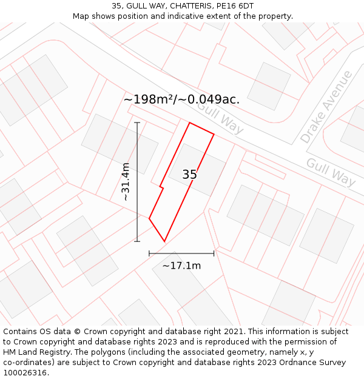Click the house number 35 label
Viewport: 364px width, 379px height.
point(189,175)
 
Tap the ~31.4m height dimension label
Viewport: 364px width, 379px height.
point(126,182)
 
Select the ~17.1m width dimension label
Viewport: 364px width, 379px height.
point(181,266)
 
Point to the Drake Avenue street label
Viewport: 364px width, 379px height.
point(326,107)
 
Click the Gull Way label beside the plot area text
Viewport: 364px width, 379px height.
point(220,118)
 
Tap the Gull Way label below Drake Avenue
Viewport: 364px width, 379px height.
point(331,172)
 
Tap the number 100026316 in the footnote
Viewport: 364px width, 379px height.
point(24,372)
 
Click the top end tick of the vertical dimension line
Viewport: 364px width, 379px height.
point(137,123)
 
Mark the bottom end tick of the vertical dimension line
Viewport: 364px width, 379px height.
point(137,241)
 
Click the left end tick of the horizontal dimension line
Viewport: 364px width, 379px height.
point(149,253)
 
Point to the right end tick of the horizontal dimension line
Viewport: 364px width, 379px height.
point(214,253)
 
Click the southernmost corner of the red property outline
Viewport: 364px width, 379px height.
point(164,241)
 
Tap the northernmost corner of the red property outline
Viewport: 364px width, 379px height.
point(190,123)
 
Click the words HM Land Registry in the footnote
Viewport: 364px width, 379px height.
point(33,352)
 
